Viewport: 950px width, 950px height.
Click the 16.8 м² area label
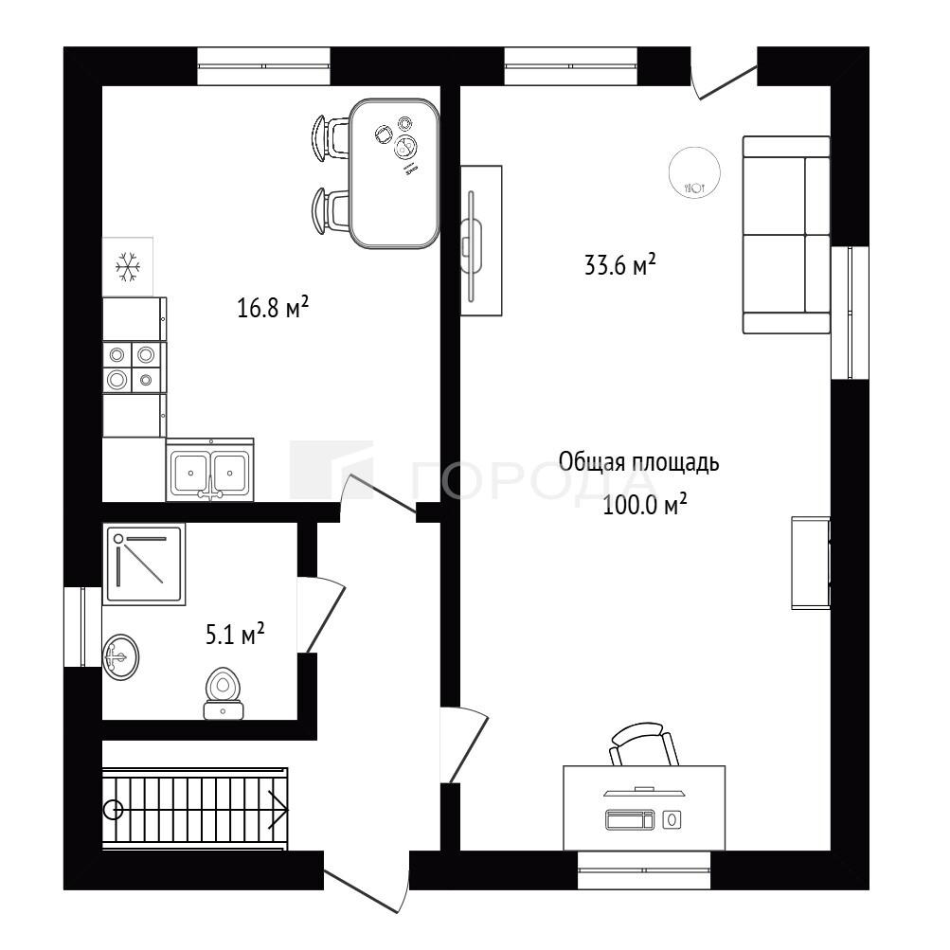[273, 307]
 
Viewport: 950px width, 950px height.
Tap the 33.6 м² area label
[620, 264]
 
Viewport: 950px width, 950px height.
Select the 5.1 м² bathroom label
[235, 634]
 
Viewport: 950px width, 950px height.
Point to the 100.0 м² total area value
[645, 504]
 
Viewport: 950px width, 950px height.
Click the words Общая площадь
[638, 462]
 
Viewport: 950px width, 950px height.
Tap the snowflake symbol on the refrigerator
[128, 267]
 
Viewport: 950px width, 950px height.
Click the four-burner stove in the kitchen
[134, 367]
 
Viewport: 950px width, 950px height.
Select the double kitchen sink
[209, 470]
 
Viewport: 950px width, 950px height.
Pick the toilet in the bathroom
[224, 693]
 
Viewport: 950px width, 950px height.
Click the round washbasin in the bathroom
[120, 656]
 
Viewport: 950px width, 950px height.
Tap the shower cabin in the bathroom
[144, 565]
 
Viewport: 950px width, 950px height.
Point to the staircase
[194, 809]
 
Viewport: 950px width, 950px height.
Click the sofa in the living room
[786, 235]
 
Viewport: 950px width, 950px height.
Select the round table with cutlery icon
[695, 172]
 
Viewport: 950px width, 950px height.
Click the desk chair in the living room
[643, 744]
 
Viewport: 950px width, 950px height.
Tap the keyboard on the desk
[630, 819]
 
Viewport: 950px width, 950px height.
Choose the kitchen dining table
[394, 173]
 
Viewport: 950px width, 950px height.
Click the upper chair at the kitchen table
[330, 137]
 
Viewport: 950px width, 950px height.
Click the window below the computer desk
[644, 870]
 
